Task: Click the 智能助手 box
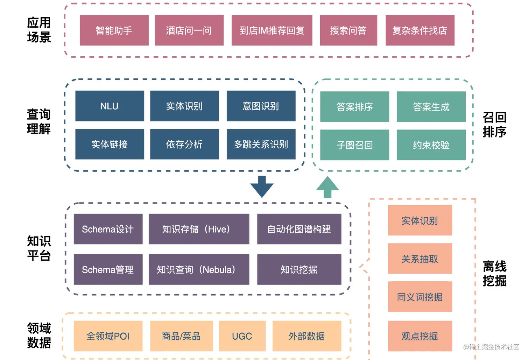(114, 30)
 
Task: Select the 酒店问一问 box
(189, 30)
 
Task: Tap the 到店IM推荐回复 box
(272, 30)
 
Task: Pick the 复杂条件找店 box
(420, 30)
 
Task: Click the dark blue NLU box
(110, 106)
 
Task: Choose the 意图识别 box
(261, 106)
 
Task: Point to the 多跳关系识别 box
(261, 144)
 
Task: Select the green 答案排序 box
(354, 107)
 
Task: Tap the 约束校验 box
(431, 145)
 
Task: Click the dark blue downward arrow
(262, 186)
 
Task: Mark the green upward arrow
(327, 187)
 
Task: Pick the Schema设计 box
(108, 229)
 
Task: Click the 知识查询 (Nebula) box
(199, 269)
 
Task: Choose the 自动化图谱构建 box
(299, 229)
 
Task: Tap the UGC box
(242, 336)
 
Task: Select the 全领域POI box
(108, 336)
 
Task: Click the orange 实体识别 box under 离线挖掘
(420, 220)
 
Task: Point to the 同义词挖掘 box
(420, 297)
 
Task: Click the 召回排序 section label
(494, 125)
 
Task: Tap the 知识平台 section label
(39, 248)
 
